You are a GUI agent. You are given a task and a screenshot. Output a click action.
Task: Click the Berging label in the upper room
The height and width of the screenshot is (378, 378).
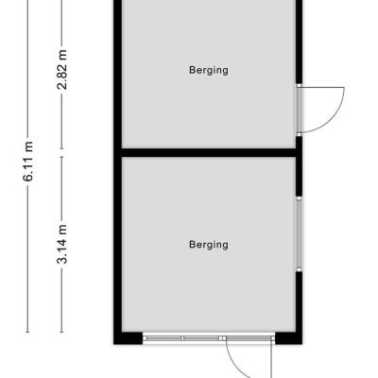coord(209,70)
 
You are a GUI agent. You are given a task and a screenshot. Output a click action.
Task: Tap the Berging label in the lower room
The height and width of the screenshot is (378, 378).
coord(209,245)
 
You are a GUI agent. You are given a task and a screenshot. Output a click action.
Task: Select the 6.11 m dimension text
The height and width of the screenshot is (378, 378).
coord(28,162)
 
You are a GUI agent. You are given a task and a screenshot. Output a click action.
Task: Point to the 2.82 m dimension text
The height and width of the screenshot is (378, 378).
coord(62,70)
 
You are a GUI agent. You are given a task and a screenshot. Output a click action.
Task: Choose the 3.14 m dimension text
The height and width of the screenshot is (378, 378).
coord(62,244)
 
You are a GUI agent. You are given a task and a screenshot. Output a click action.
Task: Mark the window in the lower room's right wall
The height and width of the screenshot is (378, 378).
coord(299,233)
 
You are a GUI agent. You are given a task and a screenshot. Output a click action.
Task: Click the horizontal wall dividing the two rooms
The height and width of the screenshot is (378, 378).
coord(209,152)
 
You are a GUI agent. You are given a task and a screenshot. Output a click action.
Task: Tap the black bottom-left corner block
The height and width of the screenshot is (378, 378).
coord(129,338)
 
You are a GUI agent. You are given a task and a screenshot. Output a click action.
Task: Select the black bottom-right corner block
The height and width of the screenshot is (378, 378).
coord(288,338)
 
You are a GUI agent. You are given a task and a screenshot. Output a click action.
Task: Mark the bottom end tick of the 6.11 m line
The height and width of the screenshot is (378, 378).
coord(28,332)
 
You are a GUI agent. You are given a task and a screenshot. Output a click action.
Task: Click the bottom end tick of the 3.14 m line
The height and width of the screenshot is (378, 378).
coord(61,332)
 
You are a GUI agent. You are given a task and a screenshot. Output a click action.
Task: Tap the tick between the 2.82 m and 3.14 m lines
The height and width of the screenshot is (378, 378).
coord(61,153)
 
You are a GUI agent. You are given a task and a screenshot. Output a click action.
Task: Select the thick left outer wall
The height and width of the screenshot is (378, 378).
coord(118,172)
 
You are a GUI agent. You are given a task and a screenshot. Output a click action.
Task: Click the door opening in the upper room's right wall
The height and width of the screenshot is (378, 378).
coord(299,110)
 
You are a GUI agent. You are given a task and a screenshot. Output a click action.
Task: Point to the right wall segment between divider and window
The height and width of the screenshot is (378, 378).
coord(299,177)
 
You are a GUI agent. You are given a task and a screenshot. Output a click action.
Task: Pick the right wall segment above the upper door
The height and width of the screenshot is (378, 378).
coord(299,42)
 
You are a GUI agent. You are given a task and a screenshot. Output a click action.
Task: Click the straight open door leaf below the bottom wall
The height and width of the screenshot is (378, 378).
coord(271,359)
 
